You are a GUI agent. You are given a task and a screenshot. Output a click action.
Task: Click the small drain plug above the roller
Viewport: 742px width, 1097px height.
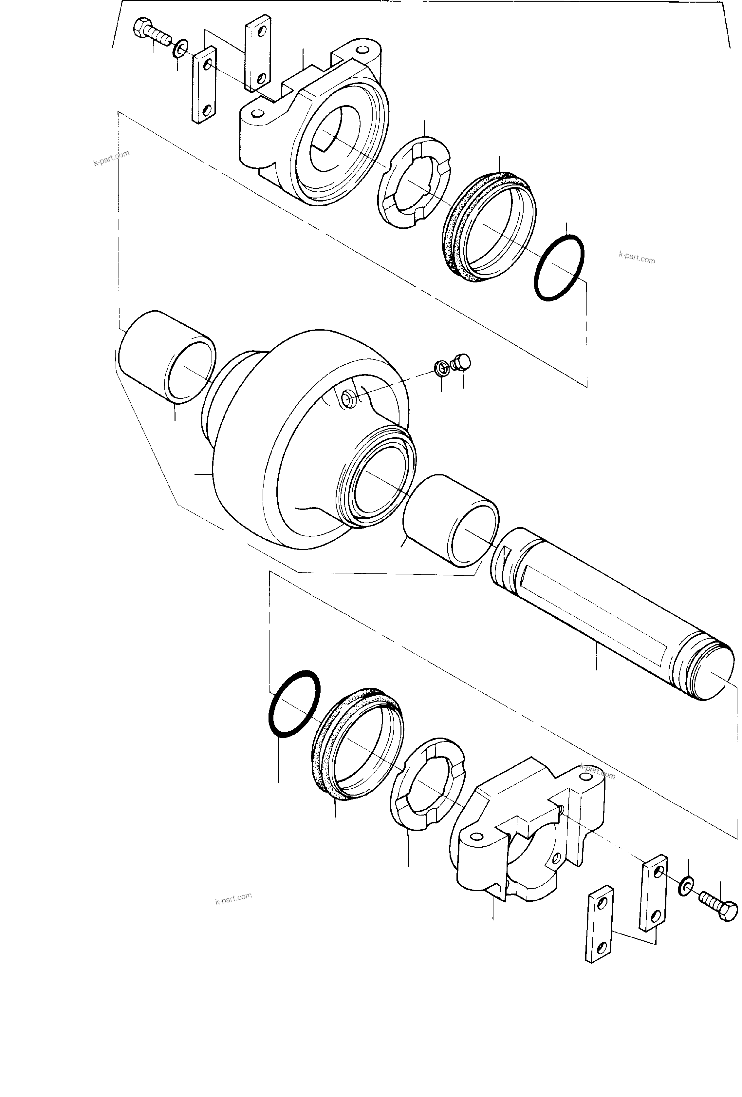click(461, 362)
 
